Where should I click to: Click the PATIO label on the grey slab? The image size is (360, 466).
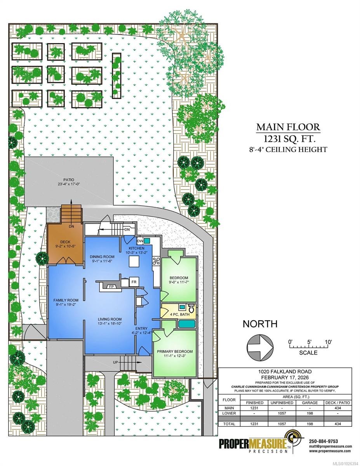(69, 179)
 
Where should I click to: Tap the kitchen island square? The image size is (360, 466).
(134, 263)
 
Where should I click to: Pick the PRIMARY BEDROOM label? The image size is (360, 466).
(175, 352)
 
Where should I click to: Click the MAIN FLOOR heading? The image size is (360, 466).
(288, 127)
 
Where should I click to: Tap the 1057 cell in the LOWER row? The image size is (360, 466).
(280, 414)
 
